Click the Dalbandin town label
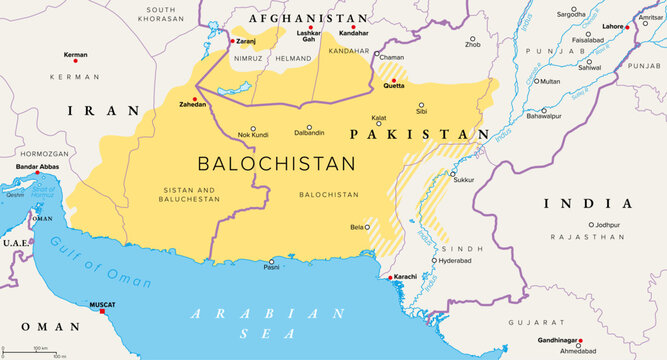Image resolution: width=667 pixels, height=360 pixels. point(307,132)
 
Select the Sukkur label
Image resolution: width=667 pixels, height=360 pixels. point(464,181)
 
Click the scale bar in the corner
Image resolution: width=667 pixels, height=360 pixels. point(40,351)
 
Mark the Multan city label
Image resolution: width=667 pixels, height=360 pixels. point(550,81)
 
